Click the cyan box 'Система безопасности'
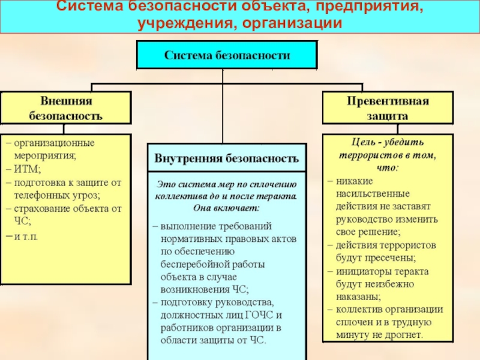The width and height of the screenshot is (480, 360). point(227,55)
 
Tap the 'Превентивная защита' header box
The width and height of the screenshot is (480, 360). point(387,107)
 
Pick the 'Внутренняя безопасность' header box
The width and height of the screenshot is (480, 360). point(227,159)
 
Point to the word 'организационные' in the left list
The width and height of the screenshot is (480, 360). point(55,143)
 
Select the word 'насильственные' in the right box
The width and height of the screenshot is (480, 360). point(374,194)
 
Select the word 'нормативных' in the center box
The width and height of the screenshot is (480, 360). point(189,239)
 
